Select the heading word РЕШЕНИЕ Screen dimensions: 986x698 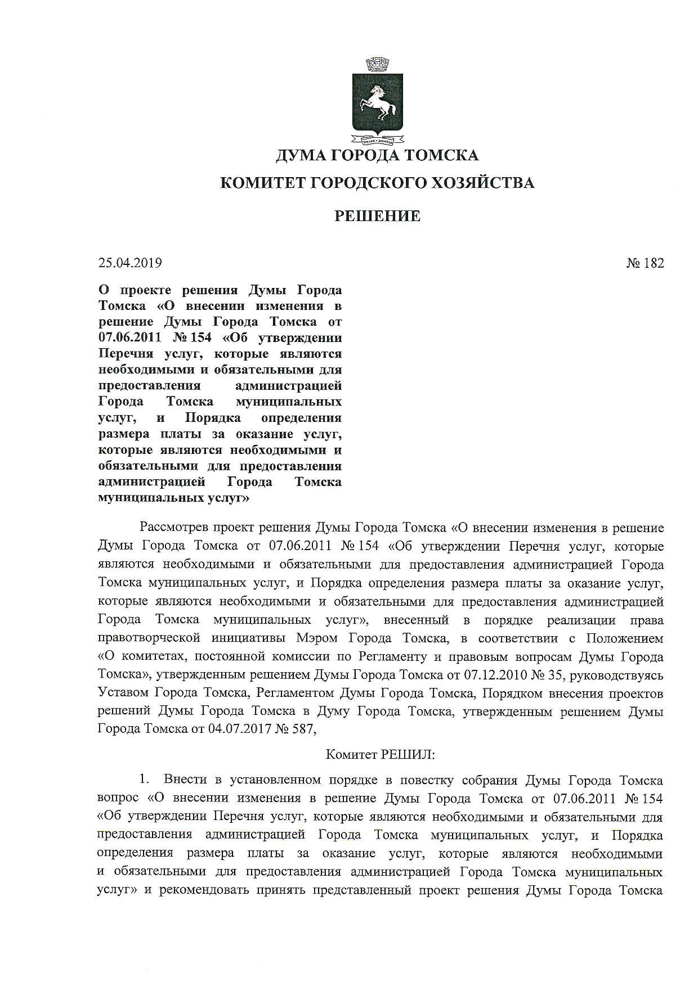378,216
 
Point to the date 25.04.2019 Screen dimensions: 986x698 131,263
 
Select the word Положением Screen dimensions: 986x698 624,638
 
